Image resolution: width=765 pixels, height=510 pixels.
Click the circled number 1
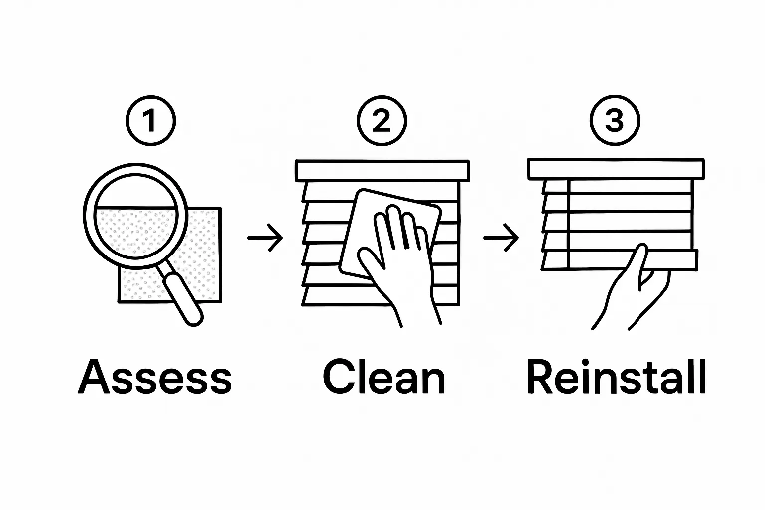pos(150,121)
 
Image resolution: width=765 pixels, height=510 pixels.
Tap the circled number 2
pos(382,121)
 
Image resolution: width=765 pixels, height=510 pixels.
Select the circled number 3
pos(614,121)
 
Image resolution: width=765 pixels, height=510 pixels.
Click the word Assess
pos(155,377)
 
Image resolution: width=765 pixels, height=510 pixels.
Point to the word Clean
pos(384,377)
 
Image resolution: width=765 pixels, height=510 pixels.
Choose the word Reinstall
pos(616,377)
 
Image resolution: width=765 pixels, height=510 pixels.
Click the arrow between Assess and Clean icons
pos(265,238)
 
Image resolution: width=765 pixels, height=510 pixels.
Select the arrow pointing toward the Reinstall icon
pos(501,238)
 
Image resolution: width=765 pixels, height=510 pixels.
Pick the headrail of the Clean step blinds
pos(382,170)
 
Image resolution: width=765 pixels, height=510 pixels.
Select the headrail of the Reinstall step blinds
pos(616,169)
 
